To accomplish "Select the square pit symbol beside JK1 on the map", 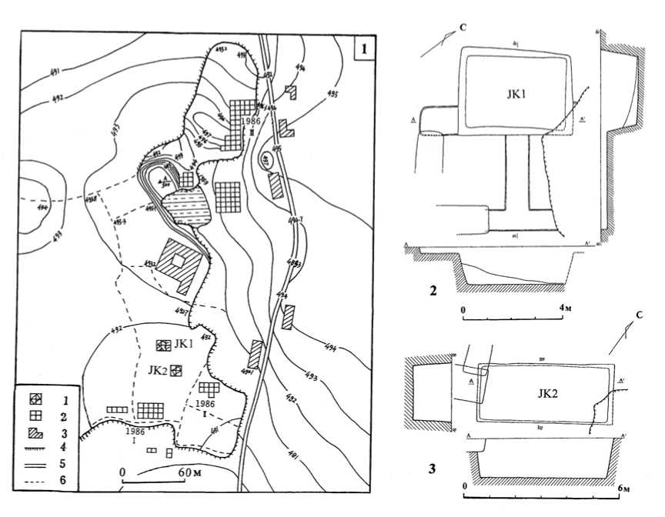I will tap(162, 345).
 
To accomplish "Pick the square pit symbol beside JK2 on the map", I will tap(176, 371).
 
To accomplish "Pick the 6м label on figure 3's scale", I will tap(624, 488).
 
